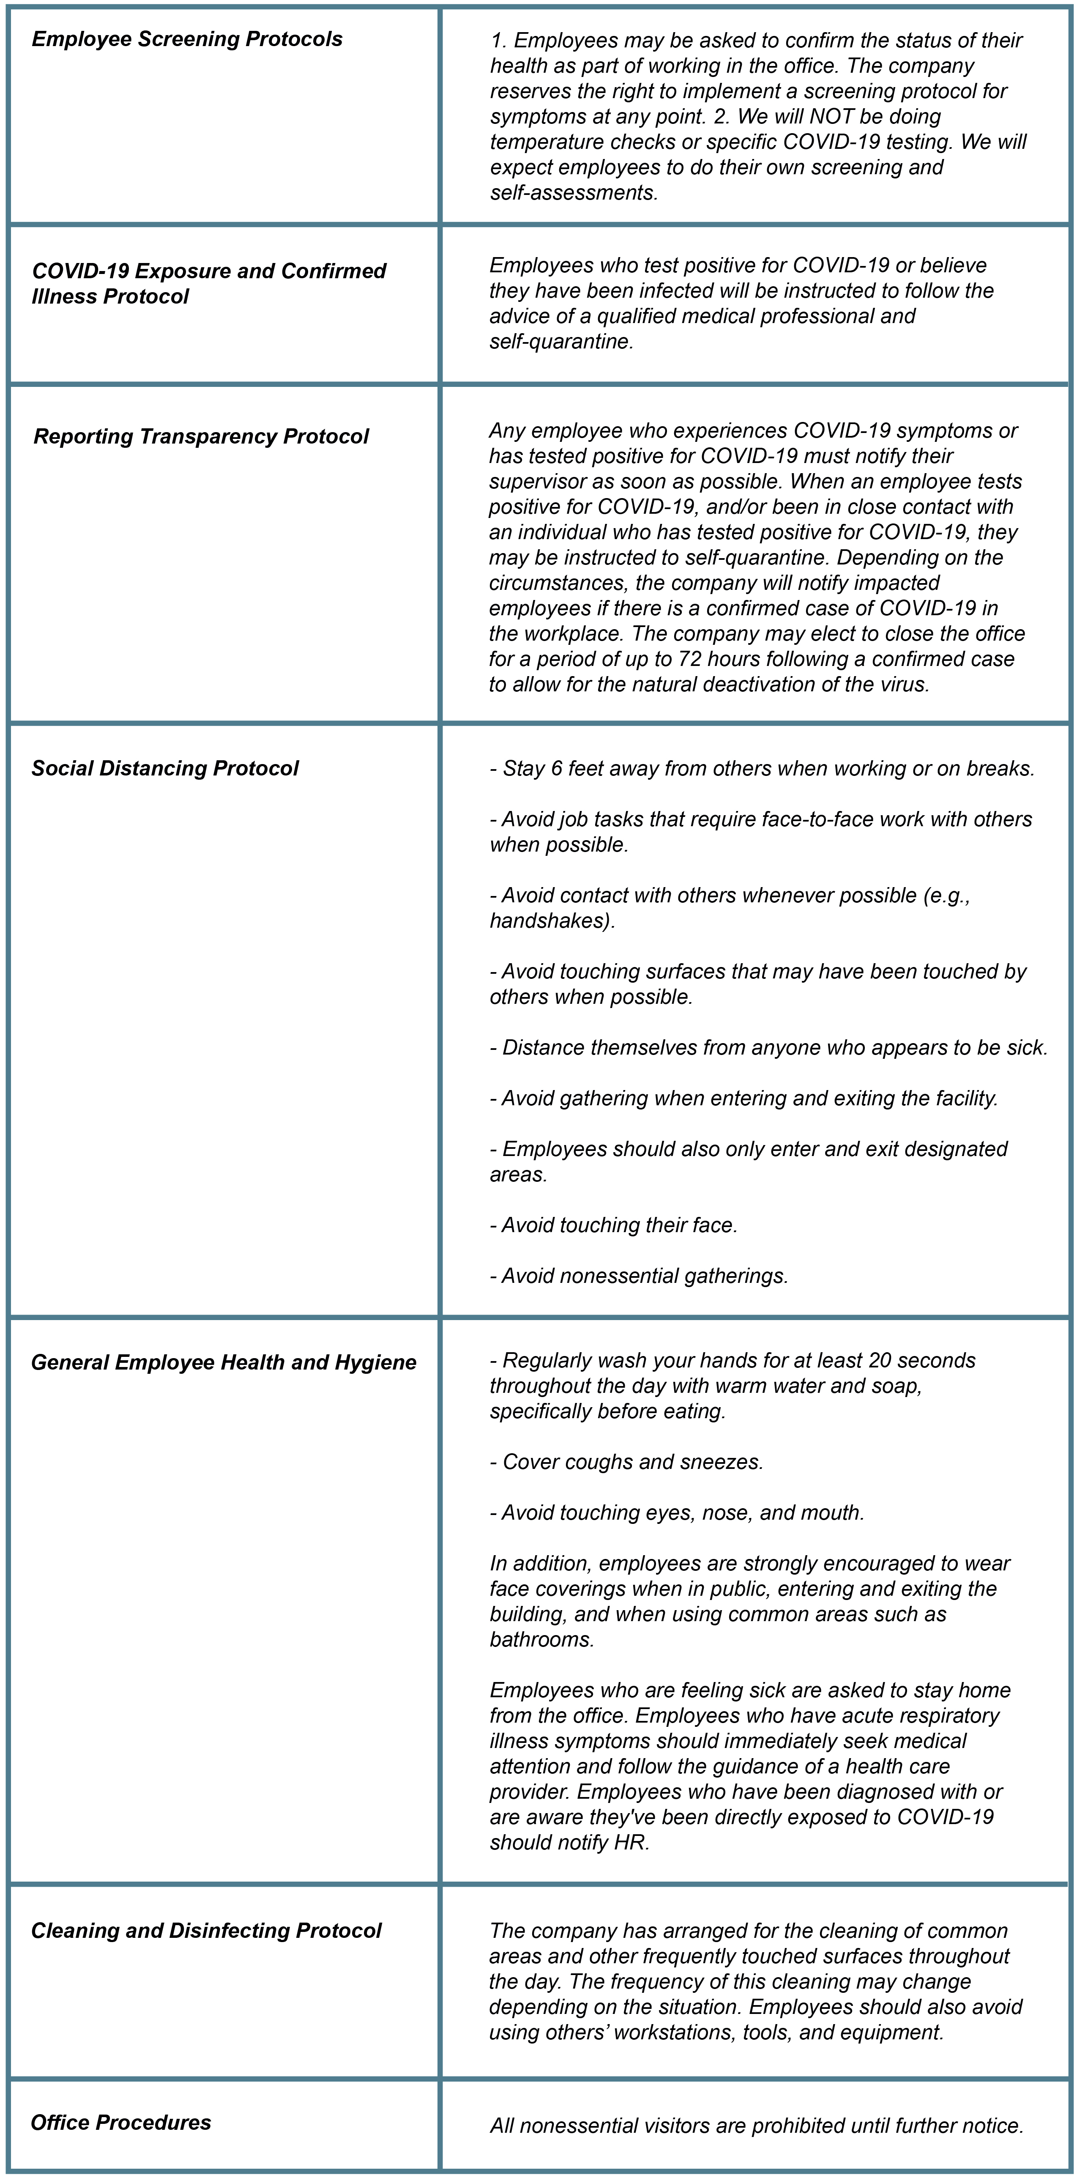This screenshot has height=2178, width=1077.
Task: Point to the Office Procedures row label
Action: (x=121, y=2122)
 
